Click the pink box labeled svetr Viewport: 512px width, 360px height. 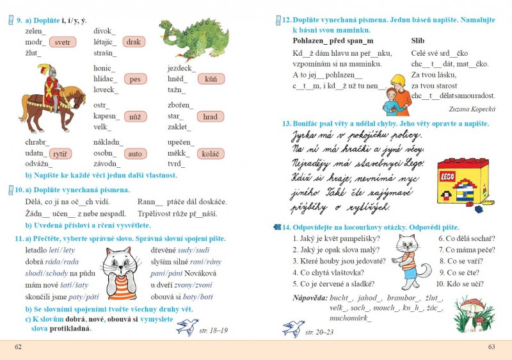62,42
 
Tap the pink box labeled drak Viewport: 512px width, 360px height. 133,42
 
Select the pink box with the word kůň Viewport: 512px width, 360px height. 211,79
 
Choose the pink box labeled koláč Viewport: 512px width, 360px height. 210,154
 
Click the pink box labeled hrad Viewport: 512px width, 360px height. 210,117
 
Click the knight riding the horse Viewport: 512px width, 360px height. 52,96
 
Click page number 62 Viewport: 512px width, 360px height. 18,347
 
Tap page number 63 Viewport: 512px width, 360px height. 492,347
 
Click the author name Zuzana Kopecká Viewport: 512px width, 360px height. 472,109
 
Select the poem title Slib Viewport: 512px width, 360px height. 418,40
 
